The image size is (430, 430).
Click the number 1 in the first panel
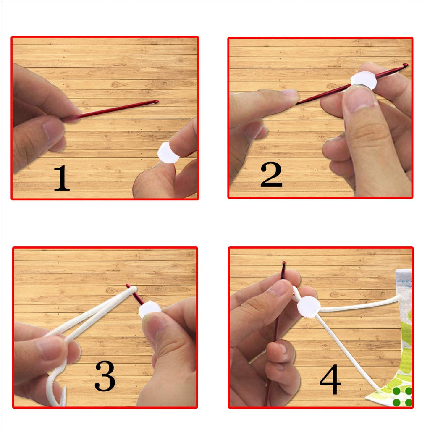(62, 178)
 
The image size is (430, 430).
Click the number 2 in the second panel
(271, 174)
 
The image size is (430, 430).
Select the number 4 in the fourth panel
(330, 380)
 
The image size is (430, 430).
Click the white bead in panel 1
(168, 153)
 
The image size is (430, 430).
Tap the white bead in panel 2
(364, 80)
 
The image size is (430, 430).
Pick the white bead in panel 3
(149, 310)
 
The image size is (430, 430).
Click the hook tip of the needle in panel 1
(156, 102)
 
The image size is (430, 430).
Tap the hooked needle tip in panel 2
(405, 65)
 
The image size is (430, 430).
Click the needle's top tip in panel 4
(284, 264)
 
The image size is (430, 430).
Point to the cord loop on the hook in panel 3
(132, 289)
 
